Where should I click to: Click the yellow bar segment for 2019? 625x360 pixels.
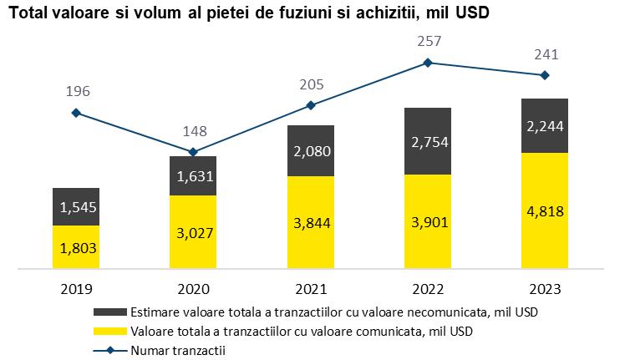tap(76, 248)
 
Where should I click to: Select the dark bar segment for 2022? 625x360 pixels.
tap(428, 140)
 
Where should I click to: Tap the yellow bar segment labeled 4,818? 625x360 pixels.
tap(545, 211)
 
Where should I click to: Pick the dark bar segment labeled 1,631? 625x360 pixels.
tap(193, 175)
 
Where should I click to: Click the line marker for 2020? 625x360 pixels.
tap(193, 152)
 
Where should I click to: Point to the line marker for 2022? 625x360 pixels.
tap(428, 62)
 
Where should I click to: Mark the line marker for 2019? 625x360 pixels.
tap(76, 113)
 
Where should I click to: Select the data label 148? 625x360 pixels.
tap(193, 131)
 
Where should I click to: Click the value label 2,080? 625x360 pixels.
tap(311, 151)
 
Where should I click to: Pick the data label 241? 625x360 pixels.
tap(545, 55)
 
